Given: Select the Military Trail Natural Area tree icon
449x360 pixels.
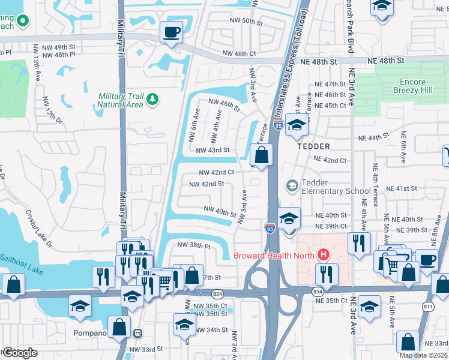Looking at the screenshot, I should point(152,99).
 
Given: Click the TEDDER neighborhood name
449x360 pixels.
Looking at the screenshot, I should point(313,146).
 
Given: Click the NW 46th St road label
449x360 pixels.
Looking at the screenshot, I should point(224,106).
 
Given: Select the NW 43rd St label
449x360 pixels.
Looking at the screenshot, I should point(212,150).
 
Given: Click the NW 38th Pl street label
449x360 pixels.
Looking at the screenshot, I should point(193,245).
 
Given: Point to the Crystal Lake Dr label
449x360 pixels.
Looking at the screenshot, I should point(39,228).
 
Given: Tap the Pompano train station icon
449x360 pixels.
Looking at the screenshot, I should point(137,333).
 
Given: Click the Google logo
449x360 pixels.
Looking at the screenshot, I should point(20,353).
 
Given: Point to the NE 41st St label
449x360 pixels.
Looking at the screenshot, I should point(401,188).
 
